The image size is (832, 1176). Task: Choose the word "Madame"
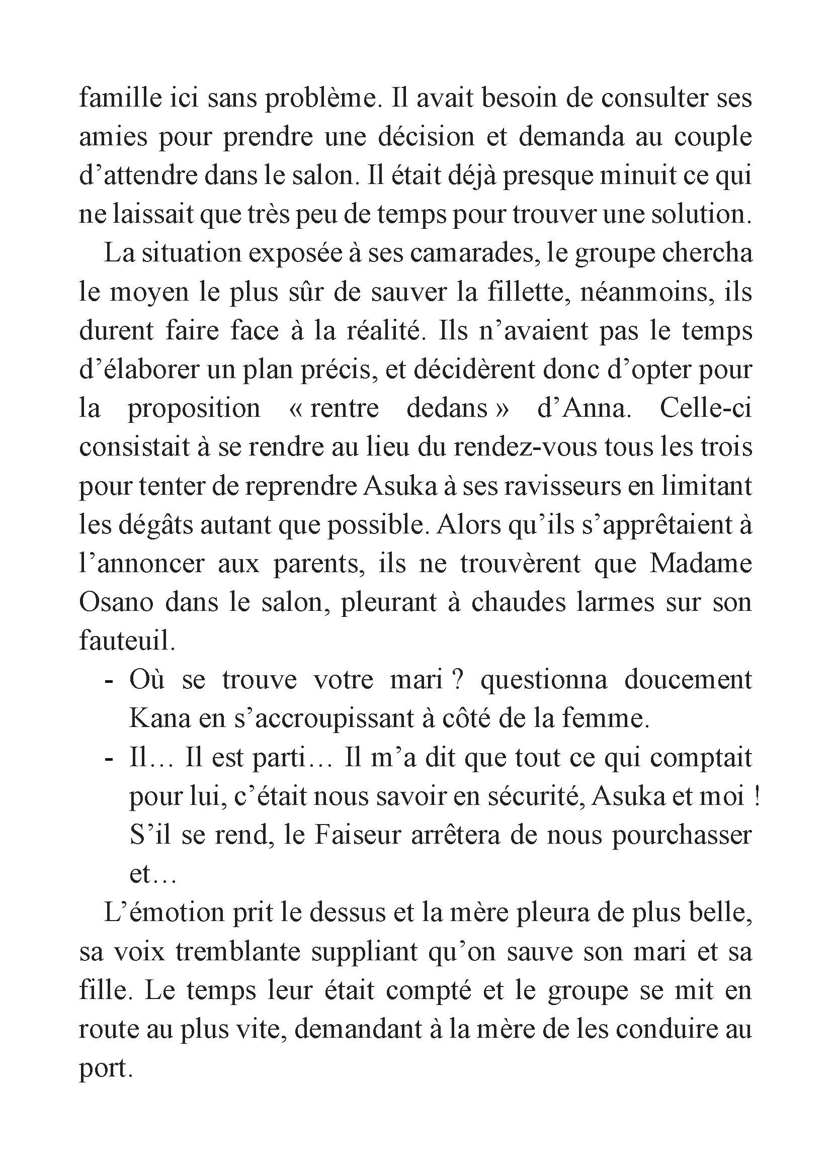700,564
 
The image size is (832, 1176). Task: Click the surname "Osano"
116,603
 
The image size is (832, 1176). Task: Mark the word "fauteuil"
127,642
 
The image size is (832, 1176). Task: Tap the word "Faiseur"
356,836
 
